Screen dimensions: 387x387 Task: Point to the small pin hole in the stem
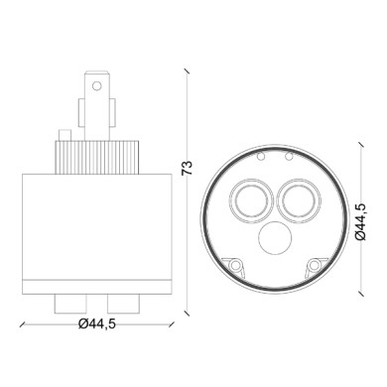pos(96,87)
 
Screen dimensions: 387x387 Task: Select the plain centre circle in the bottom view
pos(271,239)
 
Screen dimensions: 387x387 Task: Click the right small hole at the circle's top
pos(287,156)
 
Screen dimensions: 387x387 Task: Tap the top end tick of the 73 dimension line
pos(187,70)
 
